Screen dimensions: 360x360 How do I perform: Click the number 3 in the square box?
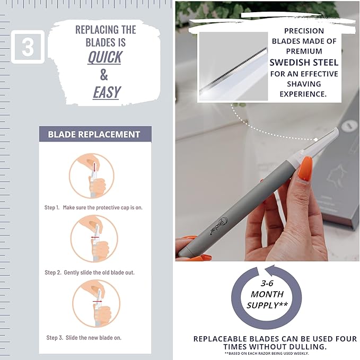(x=28, y=47)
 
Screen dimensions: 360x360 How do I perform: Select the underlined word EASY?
(x=107, y=92)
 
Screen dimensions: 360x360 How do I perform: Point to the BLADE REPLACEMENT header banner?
(x=94, y=134)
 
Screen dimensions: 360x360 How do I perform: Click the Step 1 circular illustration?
(x=92, y=175)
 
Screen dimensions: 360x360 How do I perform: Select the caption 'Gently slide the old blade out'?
(x=98, y=272)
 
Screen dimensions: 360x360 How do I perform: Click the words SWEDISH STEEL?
(x=303, y=63)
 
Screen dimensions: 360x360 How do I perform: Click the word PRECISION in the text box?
(x=303, y=31)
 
